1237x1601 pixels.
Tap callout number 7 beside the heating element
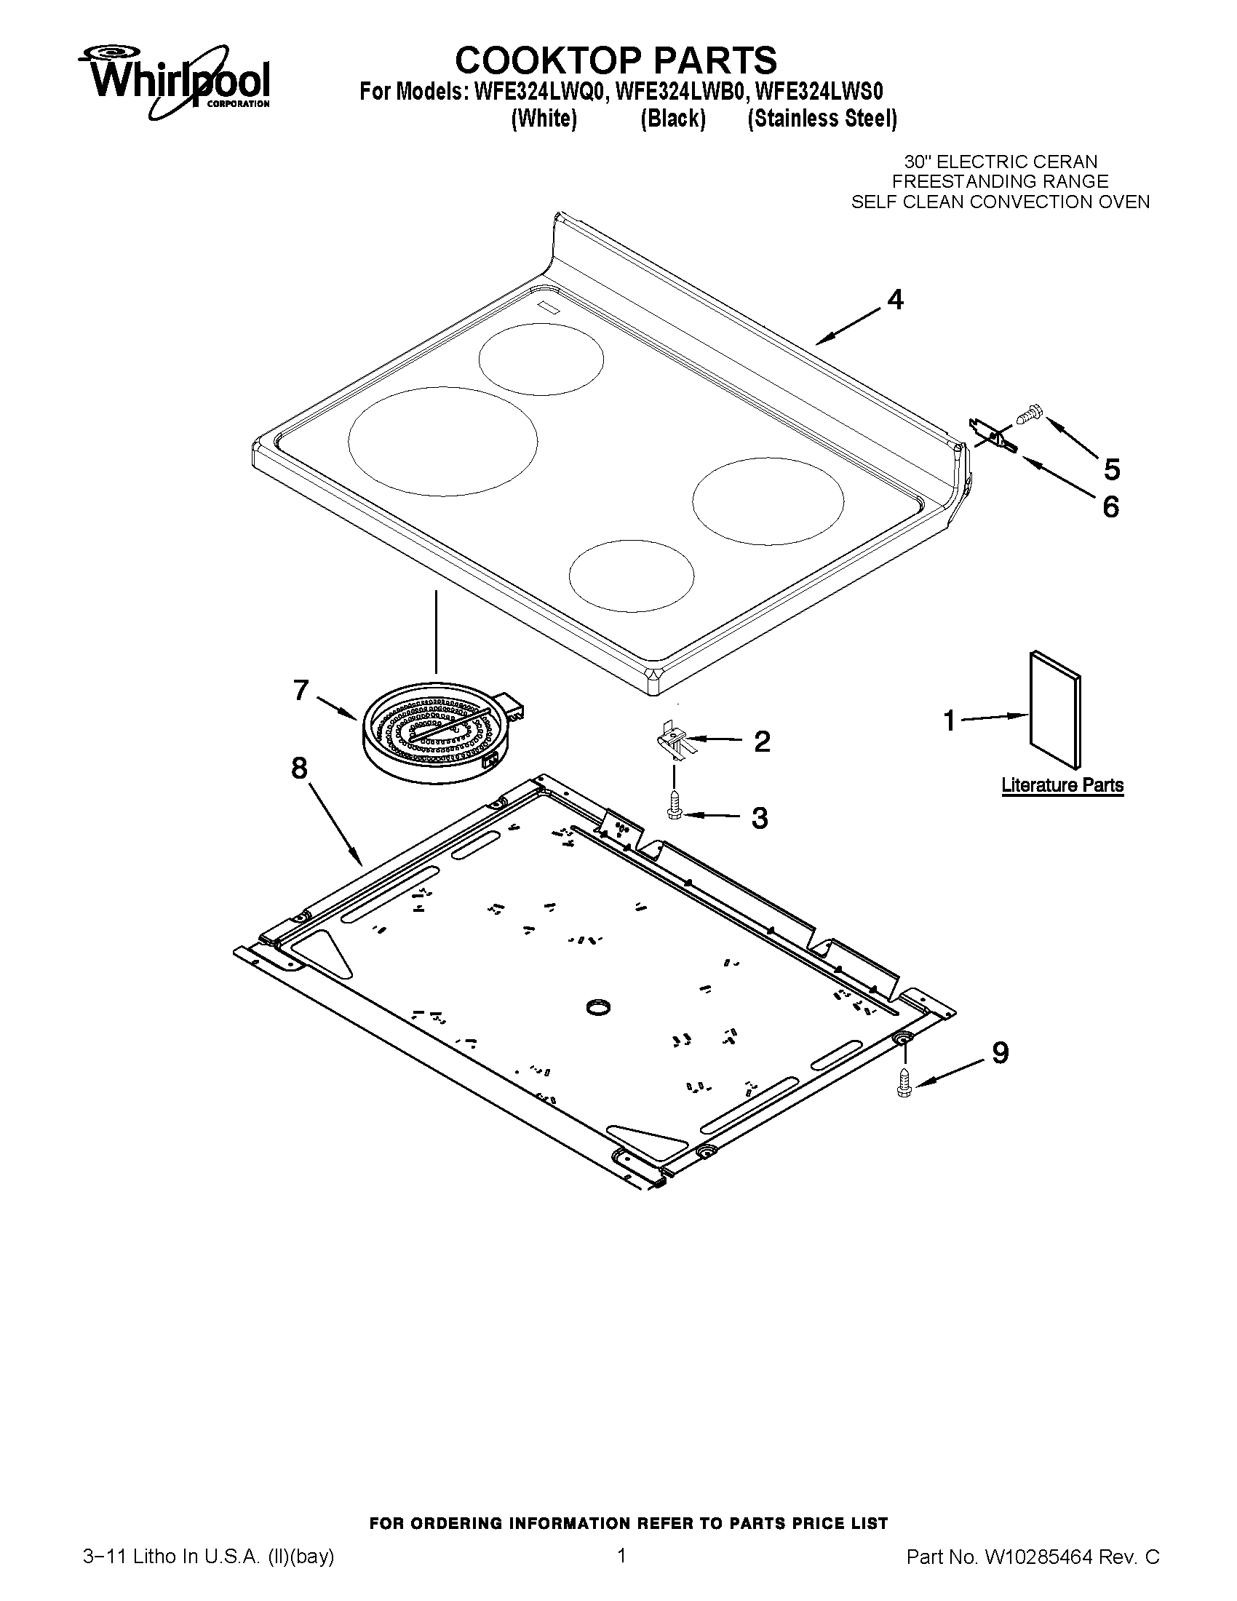301,690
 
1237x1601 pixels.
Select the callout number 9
1000,1054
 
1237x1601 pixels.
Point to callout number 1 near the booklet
950,720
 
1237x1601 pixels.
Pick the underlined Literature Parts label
1062,785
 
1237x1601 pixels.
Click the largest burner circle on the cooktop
442,440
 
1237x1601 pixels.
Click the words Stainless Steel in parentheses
822,119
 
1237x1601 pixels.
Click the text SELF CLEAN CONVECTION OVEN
1000,202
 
